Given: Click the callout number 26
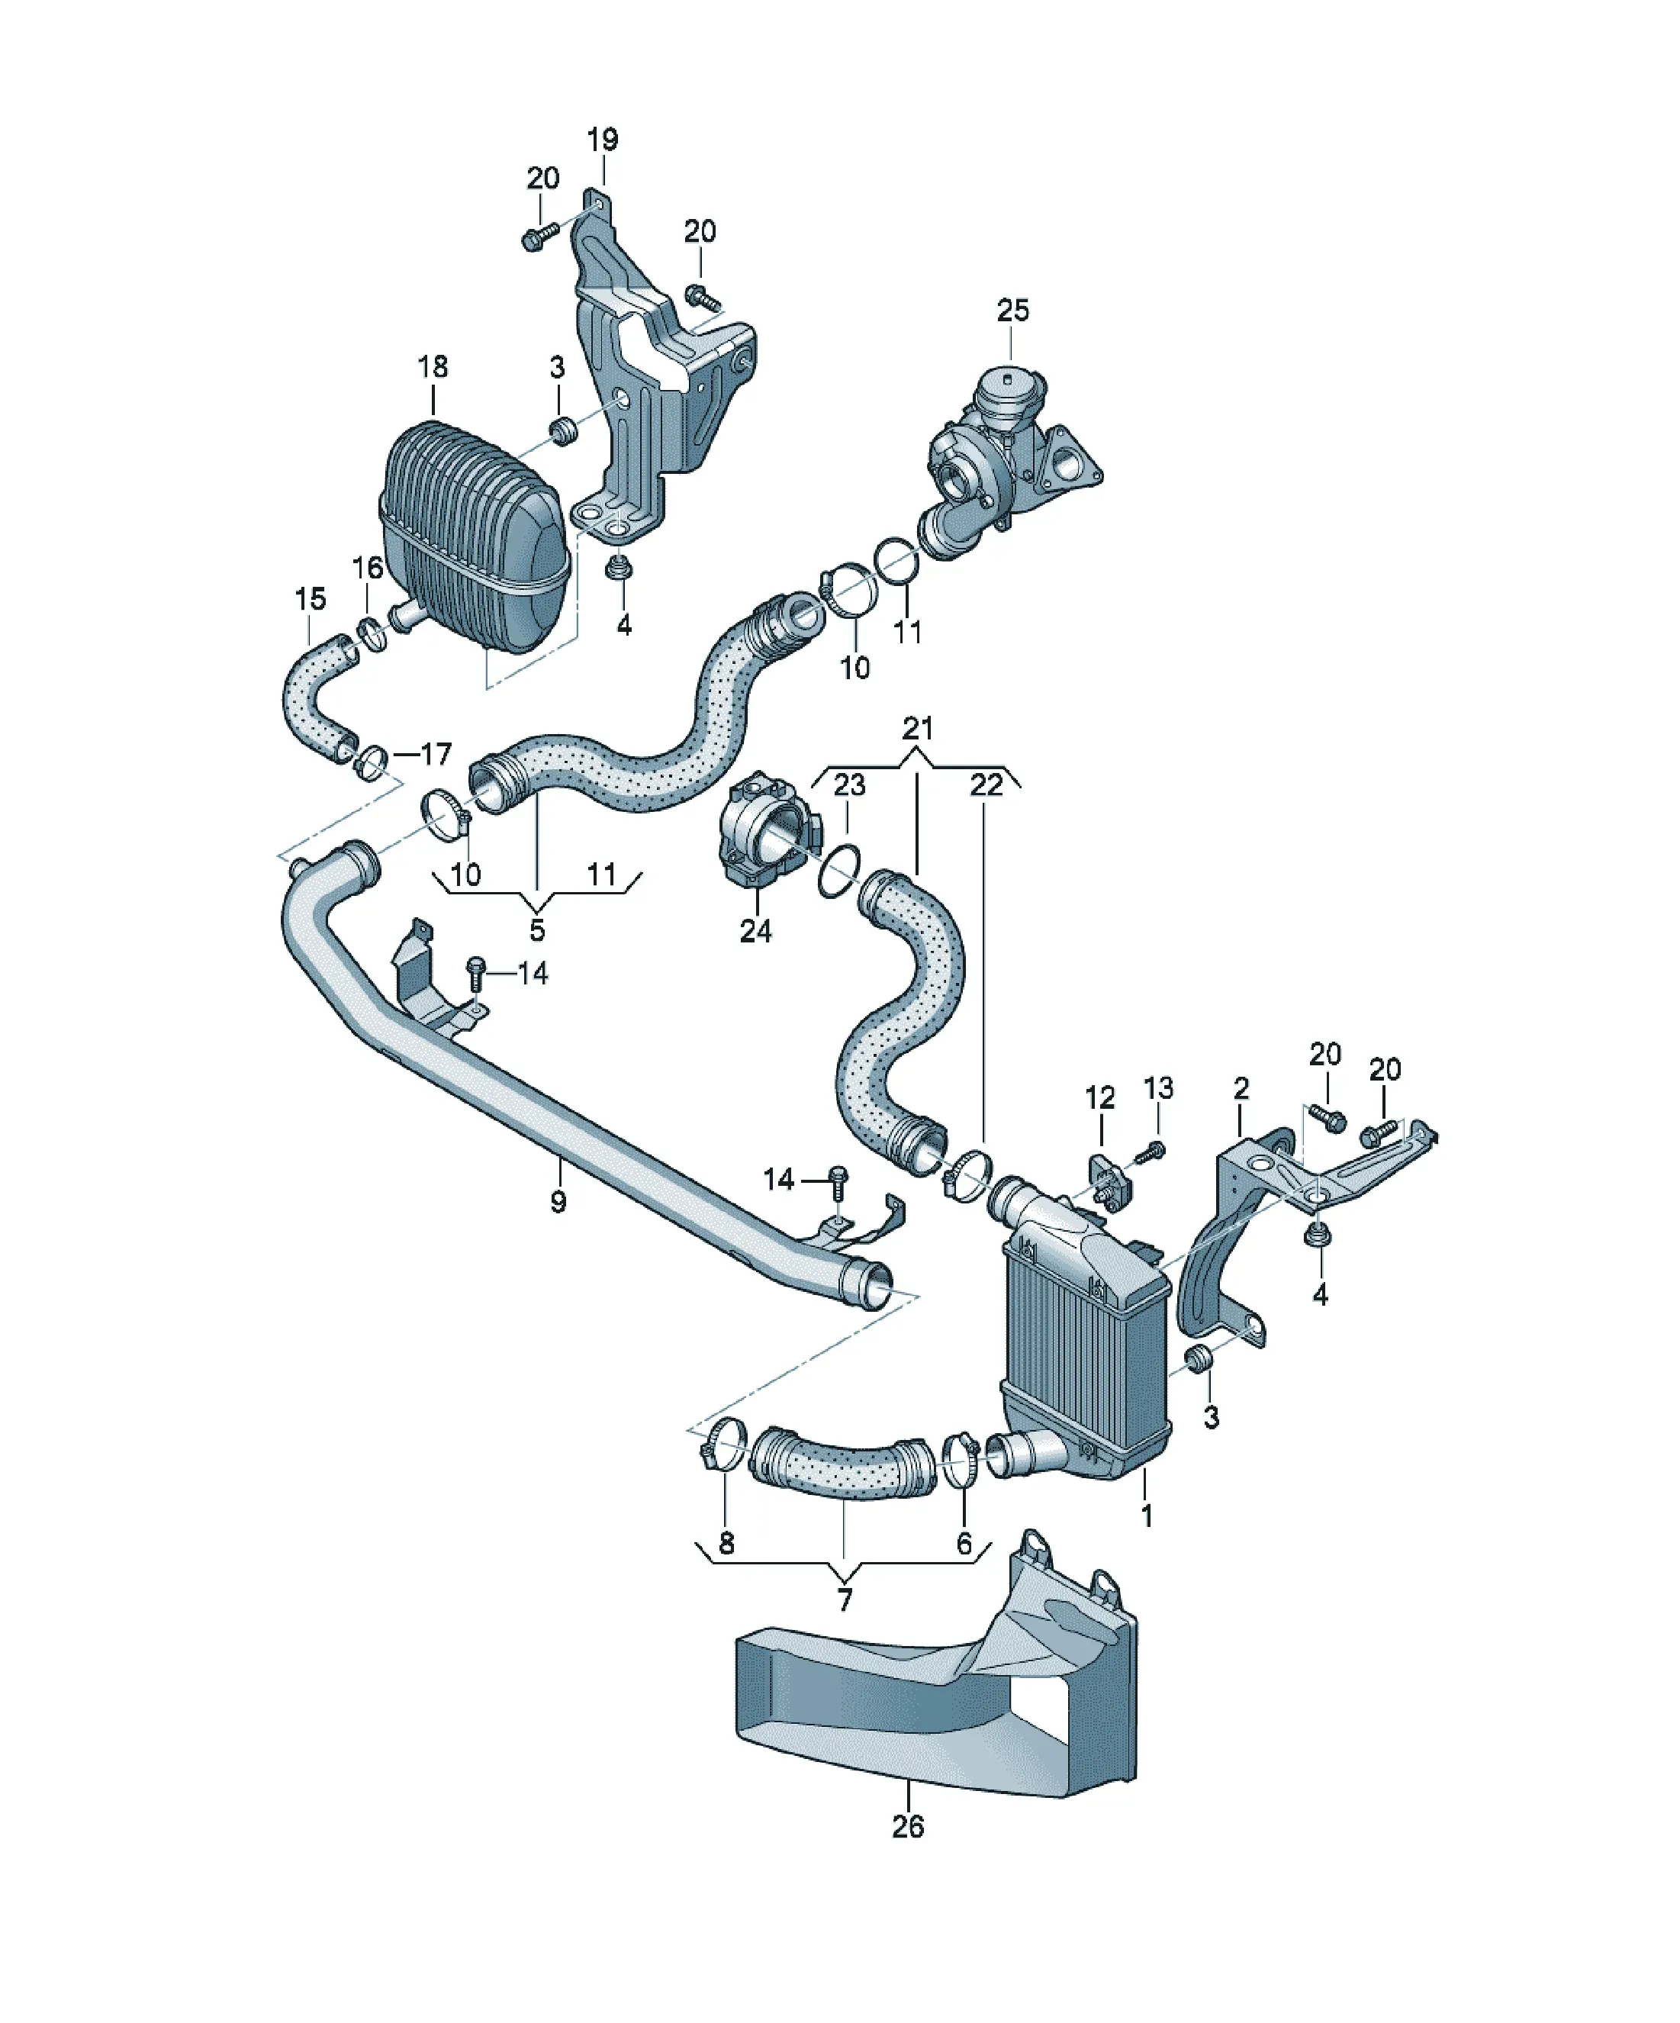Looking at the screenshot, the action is (907, 1826).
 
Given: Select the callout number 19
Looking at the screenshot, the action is (603, 140).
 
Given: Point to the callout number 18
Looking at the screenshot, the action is (433, 366).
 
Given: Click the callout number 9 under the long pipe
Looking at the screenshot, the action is (558, 1201).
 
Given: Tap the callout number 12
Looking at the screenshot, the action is (1100, 1097).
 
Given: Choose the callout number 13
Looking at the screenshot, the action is (1158, 1087).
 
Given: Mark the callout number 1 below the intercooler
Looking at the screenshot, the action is (1147, 1516).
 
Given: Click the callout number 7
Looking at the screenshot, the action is (845, 1600).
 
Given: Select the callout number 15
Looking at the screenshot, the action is (311, 599).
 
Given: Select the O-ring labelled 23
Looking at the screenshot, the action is (838, 871).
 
